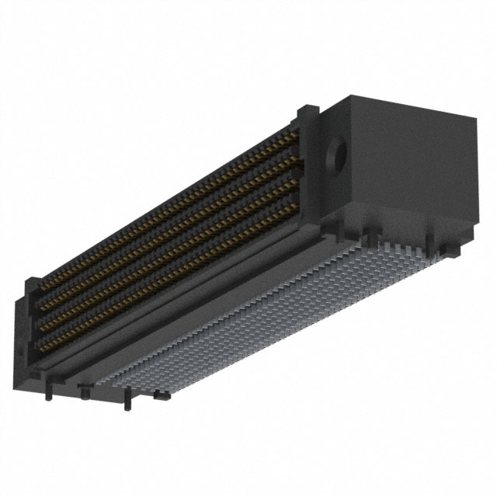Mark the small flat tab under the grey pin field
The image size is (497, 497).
click(162, 397)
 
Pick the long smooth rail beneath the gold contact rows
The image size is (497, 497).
click(194, 311)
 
